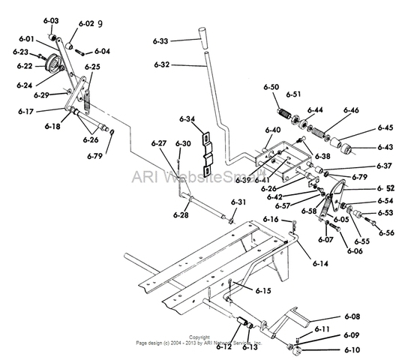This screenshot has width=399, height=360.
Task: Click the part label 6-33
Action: click(x=158, y=40)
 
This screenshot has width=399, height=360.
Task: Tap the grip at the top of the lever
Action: click(x=204, y=37)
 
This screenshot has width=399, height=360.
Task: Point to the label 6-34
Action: click(x=185, y=118)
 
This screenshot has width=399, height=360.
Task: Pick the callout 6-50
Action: click(x=271, y=88)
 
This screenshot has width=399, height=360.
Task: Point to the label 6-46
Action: click(x=352, y=110)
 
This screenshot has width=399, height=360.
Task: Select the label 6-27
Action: click(x=158, y=143)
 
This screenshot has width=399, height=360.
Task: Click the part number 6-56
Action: click(x=385, y=233)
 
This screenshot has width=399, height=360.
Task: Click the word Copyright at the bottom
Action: click(x=199, y=337)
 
